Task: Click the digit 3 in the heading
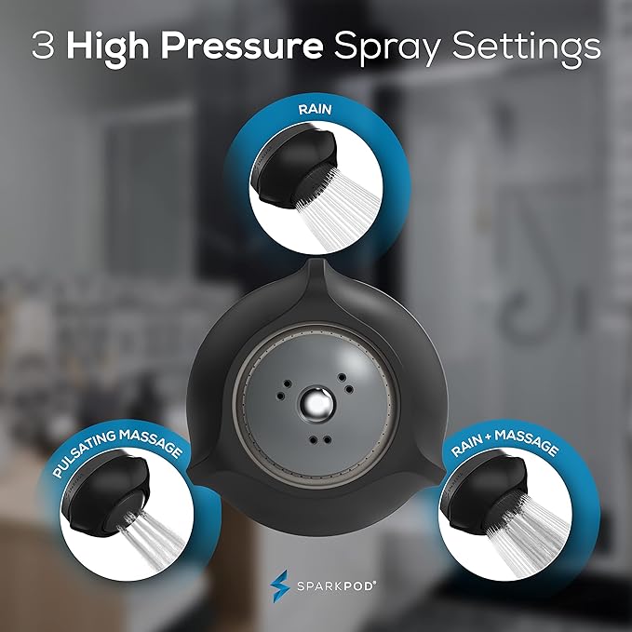pyautogui.click(x=41, y=46)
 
